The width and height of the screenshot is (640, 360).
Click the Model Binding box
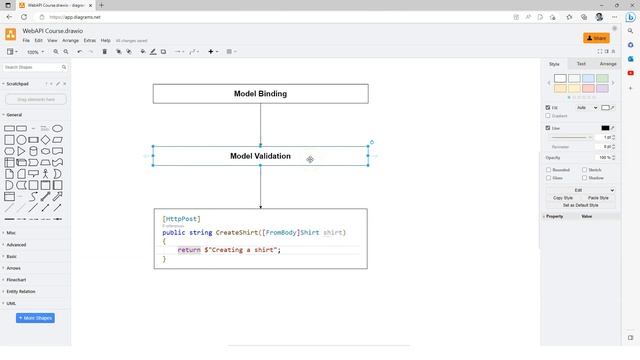pos(260,94)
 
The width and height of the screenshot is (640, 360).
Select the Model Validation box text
pos(260,156)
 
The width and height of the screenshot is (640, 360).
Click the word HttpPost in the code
pos(182,219)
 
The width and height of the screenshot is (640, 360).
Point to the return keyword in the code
pos(189,250)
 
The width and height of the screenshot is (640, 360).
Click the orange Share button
pos(597,38)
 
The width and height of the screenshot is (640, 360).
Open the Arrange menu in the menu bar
pos(70,40)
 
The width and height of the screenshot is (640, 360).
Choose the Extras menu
pos(90,40)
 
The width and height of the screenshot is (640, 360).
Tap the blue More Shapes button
pos(36,318)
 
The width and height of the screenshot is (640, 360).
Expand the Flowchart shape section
pos(17,280)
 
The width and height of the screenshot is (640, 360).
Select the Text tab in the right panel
pos(581,64)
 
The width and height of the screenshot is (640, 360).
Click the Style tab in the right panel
pos(554,64)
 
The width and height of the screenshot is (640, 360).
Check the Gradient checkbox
pos(548,116)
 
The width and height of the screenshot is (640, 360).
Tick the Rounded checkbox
pos(548,170)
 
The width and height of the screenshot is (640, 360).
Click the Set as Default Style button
pos(580,205)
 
